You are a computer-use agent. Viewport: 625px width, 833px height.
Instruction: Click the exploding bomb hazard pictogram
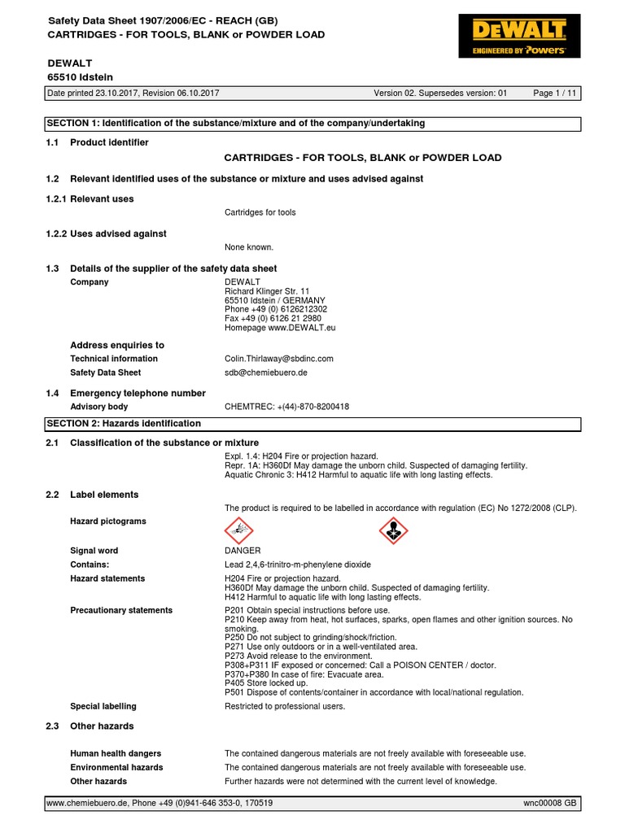[x=238, y=530]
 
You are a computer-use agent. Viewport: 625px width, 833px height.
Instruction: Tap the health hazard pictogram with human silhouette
[x=394, y=530]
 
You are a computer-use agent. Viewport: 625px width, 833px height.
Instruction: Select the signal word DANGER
[x=243, y=551]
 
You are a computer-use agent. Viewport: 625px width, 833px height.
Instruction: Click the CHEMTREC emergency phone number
[x=286, y=407]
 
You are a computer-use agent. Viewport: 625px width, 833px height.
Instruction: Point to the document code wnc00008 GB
[x=549, y=803]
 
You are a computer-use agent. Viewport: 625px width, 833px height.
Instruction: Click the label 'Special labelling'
[x=103, y=706]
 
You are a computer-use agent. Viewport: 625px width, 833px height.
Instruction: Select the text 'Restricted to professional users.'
[x=285, y=706]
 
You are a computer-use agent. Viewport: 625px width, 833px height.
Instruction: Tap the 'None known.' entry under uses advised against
[x=249, y=247]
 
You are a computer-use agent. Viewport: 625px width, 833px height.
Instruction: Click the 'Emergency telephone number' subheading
[x=138, y=393]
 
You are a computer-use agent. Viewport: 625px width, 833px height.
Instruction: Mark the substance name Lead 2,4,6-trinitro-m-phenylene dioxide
[x=298, y=565]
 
